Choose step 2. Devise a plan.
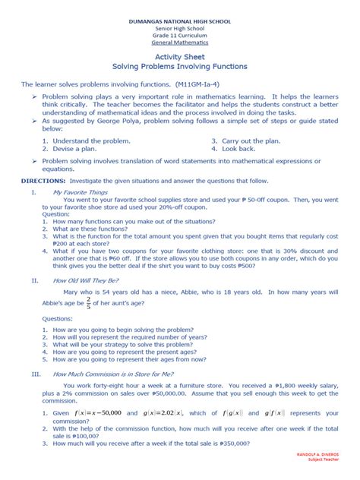tap(74, 149)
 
